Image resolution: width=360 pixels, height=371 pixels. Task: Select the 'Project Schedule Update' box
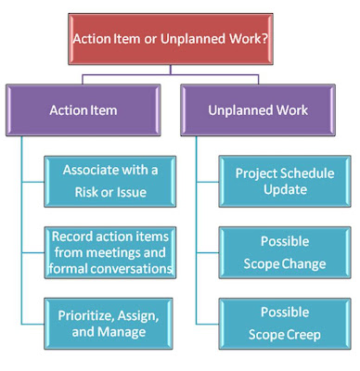(279, 182)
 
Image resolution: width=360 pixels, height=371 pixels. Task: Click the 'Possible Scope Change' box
(279, 250)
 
